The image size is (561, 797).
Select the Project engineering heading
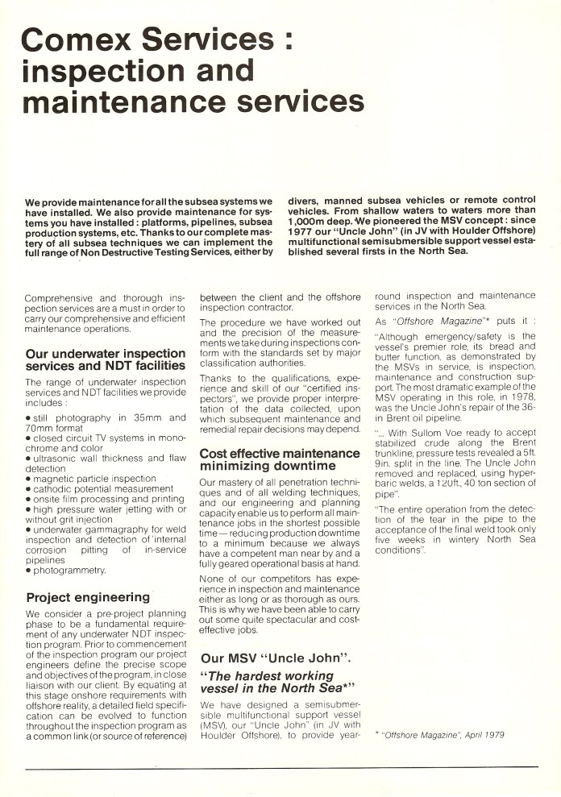(x=88, y=597)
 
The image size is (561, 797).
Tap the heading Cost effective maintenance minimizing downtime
(x=279, y=459)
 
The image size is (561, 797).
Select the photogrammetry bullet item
(x=65, y=570)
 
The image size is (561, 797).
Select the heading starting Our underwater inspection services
(x=106, y=360)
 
